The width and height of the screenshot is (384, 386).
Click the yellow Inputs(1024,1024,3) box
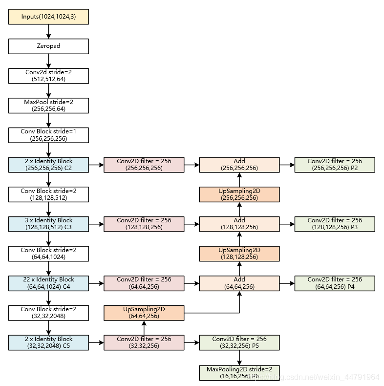click(48, 17)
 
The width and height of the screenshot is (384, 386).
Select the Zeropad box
click(48, 46)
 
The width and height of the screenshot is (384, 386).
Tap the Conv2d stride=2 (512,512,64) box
click(48, 76)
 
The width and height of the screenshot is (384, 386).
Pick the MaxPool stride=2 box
click(48, 106)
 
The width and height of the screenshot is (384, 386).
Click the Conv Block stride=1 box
click(48, 135)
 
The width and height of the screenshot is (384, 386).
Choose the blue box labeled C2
click(48, 165)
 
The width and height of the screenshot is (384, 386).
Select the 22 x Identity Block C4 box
click(48, 283)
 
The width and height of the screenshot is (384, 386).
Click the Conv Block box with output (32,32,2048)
click(48, 313)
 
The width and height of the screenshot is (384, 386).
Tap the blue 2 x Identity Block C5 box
click(48, 343)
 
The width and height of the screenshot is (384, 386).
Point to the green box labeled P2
click(335, 165)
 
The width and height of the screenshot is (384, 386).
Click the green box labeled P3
click(335, 224)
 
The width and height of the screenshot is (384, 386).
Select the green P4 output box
click(335, 283)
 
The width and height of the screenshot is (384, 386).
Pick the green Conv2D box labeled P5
click(239, 343)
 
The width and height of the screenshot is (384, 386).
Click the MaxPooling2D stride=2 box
click(239, 372)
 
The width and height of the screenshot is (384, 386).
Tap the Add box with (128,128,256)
click(239, 224)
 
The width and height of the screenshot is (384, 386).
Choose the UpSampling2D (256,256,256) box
click(239, 194)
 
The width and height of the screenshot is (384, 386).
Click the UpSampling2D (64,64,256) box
click(144, 313)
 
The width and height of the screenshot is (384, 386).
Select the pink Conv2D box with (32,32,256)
click(144, 343)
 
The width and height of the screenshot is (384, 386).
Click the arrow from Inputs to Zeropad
click(48, 32)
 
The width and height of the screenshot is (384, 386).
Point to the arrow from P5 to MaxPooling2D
click(239, 357)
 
